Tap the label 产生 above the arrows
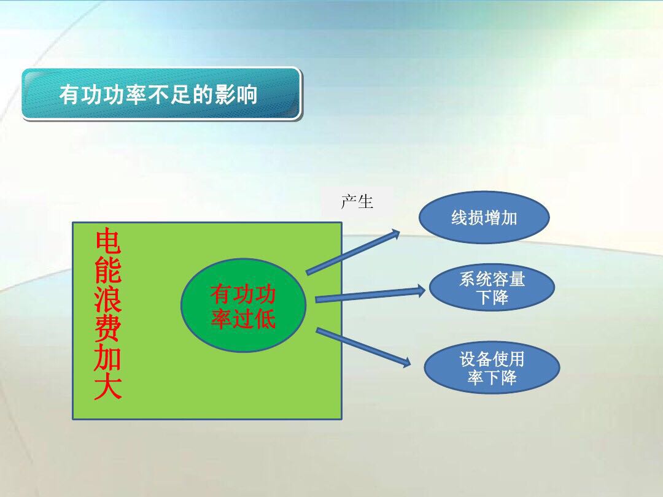[357, 201]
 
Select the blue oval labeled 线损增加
[484, 217]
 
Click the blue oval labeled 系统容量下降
[492, 288]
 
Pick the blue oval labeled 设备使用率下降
[492, 368]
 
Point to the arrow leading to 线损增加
[353, 252]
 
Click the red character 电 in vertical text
[107, 242]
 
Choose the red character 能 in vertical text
[107, 271]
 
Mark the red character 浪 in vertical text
[107, 299]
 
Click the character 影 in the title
[225, 95]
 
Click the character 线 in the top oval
[459, 218]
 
